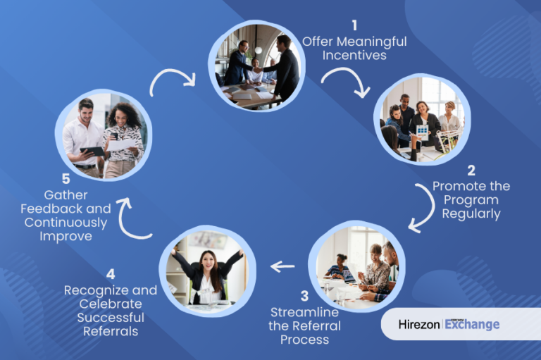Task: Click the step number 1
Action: pyautogui.click(x=354, y=25)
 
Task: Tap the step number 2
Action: pyautogui.click(x=471, y=170)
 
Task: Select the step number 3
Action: pyautogui.click(x=304, y=296)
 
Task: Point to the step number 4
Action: pyautogui.click(x=111, y=274)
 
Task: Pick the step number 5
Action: pyautogui.click(x=66, y=179)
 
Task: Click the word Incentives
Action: pyautogui.click(x=354, y=55)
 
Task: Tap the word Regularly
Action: pyautogui.click(x=471, y=214)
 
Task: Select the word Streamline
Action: pyautogui.click(x=304, y=312)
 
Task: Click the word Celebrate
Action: pyautogui.click(x=111, y=304)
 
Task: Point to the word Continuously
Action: pyautogui.click(x=66, y=223)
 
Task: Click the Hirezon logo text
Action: pyautogui.click(x=419, y=325)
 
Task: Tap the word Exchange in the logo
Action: pyautogui.click(x=472, y=325)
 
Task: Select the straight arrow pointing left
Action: pyautogui.click(x=282, y=266)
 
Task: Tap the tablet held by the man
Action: pyautogui.click(x=92, y=151)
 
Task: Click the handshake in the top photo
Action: pyautogui.click(x=258, y=70)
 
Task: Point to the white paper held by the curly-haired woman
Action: pyautogui.click(x=121, y=144)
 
